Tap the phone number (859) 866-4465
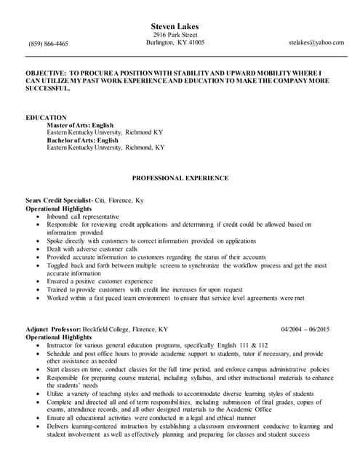49,44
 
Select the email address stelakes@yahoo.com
316,43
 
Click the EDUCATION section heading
46,117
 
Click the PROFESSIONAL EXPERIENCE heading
180,178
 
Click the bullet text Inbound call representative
83,217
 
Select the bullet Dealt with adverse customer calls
92,248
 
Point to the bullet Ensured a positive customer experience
100,280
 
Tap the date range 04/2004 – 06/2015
305,328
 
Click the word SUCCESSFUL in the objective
48,91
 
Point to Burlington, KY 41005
175,42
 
